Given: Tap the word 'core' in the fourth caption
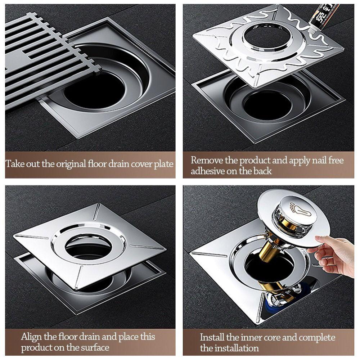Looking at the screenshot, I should tap(276, 337).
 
